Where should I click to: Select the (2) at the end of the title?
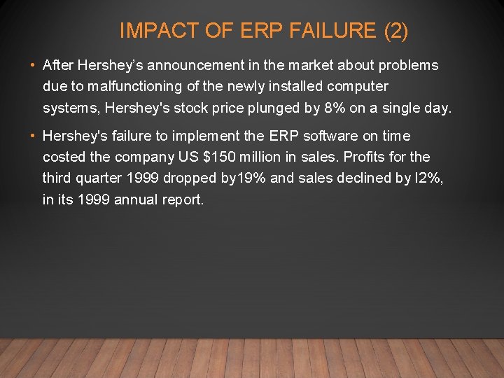pos(396,31)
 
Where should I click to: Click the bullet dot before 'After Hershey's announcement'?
pos(34,66)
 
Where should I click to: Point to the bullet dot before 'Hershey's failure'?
pos(34,136)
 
